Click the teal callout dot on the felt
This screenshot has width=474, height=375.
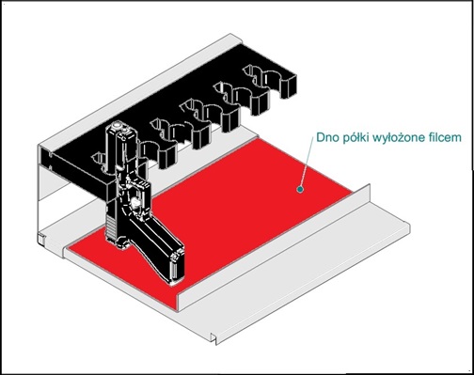coord(300,189)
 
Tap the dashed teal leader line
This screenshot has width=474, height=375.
coord(307,162)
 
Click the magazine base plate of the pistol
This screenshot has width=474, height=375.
coord(176,266)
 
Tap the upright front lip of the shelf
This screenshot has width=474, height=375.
coord(273,247)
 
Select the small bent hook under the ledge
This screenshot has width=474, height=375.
coord(214,339)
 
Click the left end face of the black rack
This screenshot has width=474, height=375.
coord(45,158)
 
